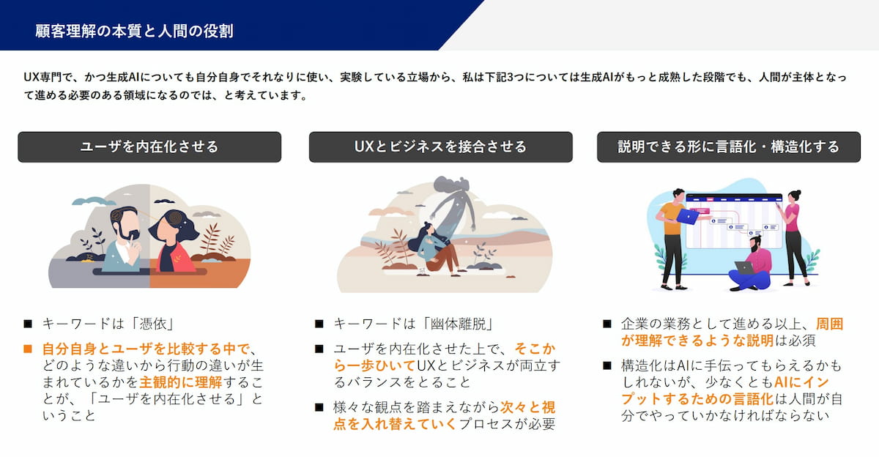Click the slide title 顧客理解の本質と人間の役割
(x=134, y=31)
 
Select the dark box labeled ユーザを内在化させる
(x=149, y=146)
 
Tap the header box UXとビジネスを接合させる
(x=441, y=146)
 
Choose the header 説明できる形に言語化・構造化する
(x=729, y=146)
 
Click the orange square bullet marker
(x=28, y=349)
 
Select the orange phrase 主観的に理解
(x=181, y=382)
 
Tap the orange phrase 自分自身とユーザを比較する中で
(x=146, y=349)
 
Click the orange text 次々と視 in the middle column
(x=528, y=408)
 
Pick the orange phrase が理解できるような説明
(x=697, y=341)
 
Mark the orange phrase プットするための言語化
(x=697, y=399)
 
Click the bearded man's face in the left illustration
(x=125, y=223)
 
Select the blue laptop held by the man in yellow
(x=688, y=216)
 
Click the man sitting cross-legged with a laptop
(x=750, y=265)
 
